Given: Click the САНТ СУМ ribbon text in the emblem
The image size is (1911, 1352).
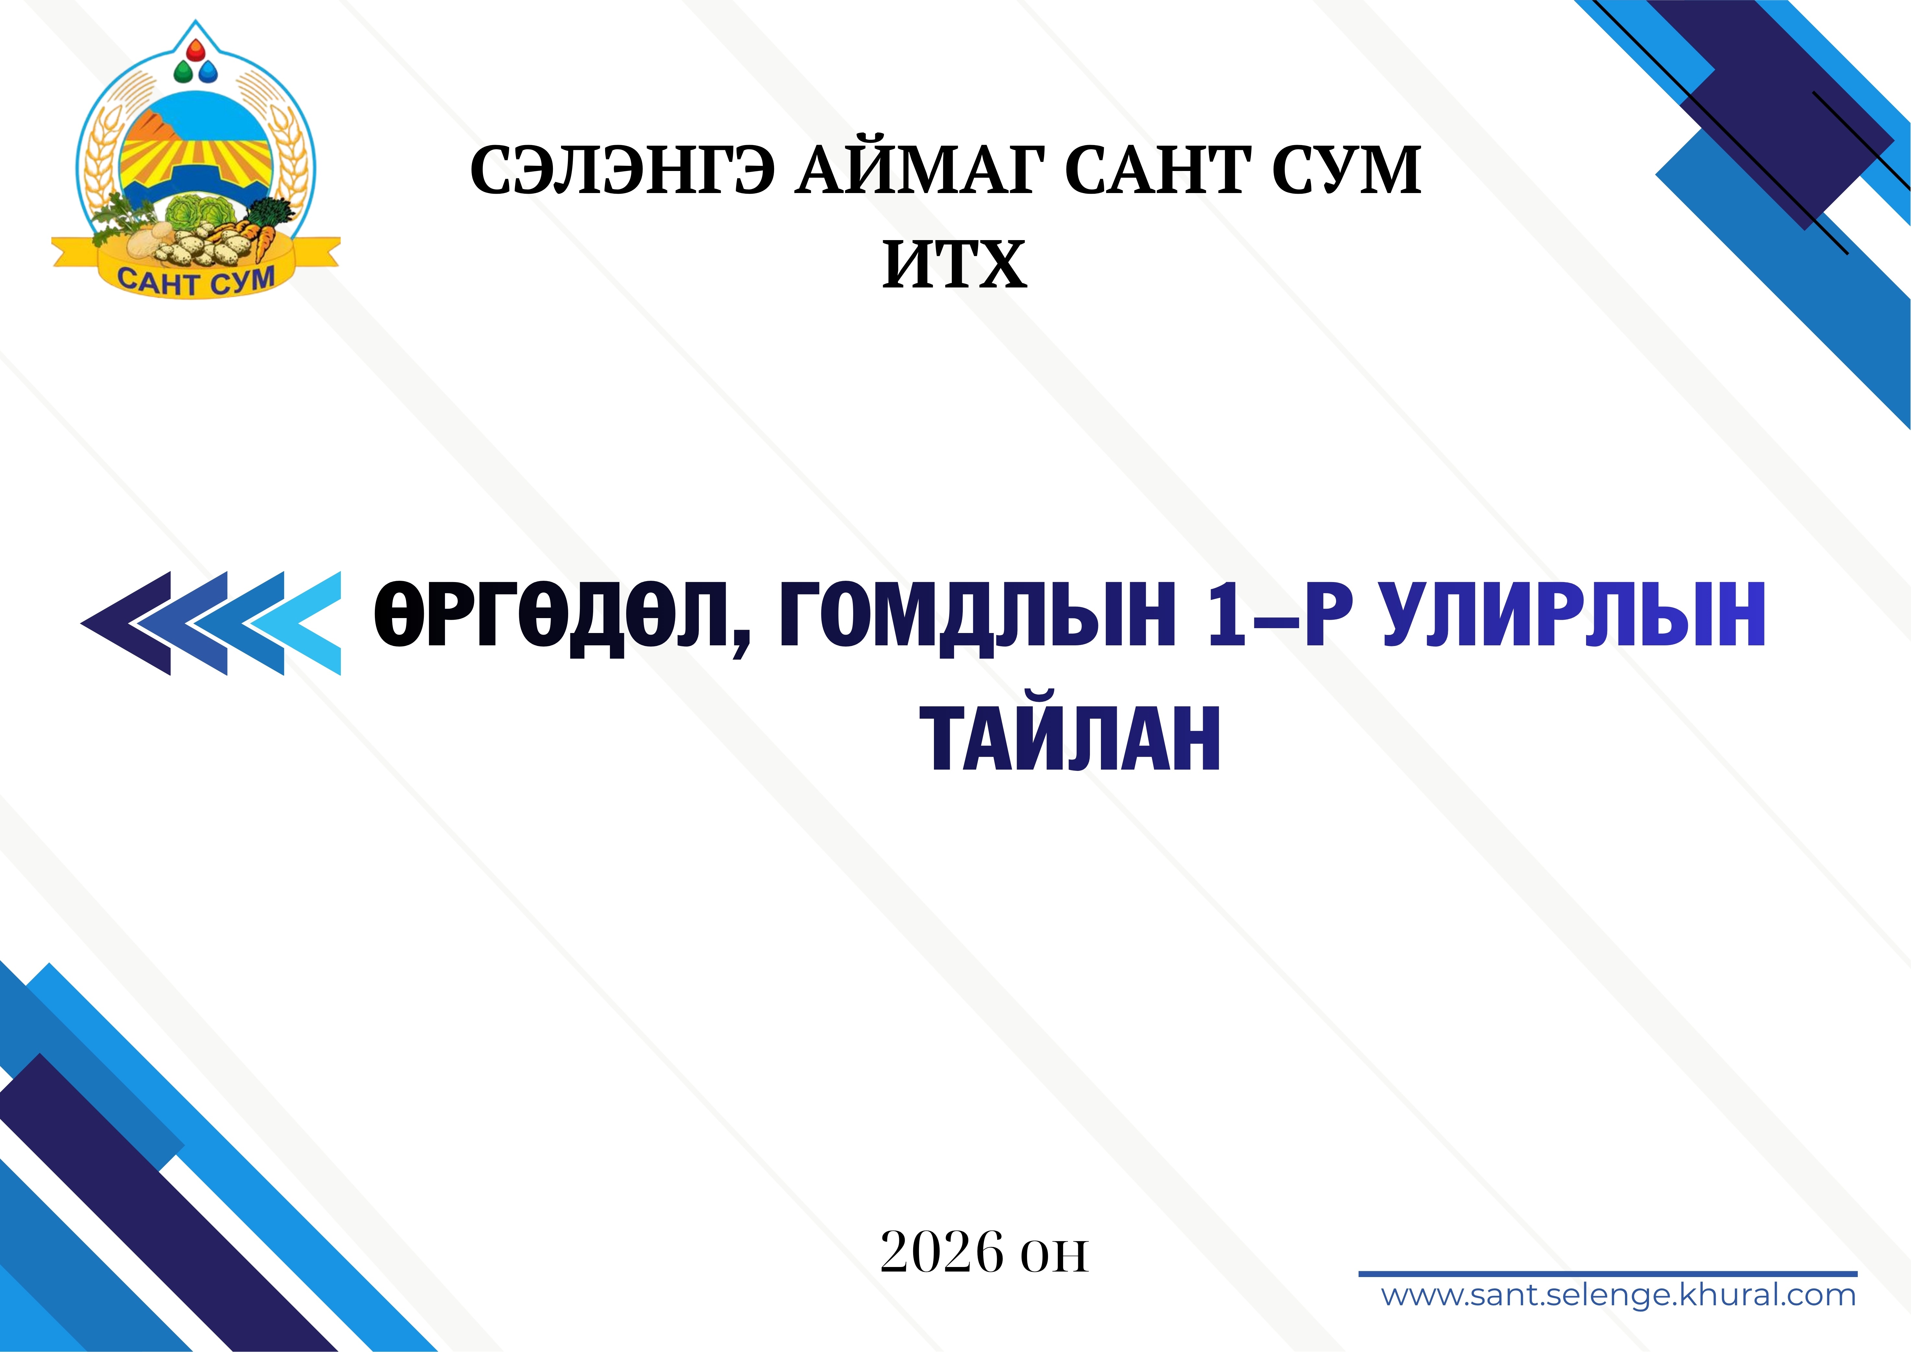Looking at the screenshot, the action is click(197, 279).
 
